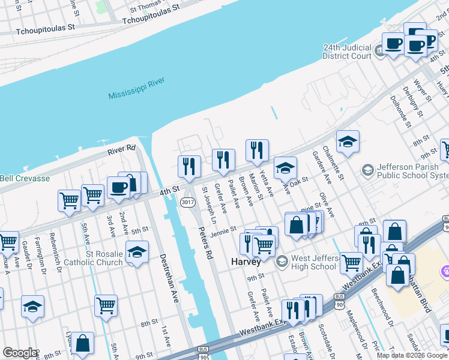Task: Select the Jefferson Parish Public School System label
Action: [x=412, y=171]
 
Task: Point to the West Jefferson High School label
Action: [x=313, y=262]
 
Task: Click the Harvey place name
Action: [x=246, y=262]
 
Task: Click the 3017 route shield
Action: [x=187, y=203]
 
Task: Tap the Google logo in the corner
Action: [x=20, y=353]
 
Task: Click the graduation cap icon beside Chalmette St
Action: [x=348, y=142]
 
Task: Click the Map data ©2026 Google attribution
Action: [x=411, y=355]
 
